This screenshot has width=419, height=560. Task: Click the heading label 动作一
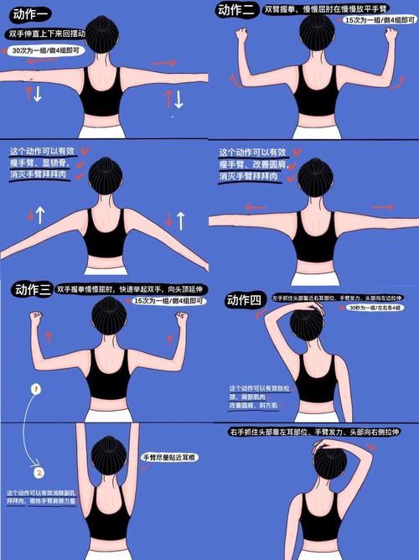[27, 14]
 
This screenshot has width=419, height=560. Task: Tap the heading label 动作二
[235, 11]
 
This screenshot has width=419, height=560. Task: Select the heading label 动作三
[32, 291]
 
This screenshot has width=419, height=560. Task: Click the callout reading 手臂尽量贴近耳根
[168, 458]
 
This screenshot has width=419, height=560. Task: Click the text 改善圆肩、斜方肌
[256, 405]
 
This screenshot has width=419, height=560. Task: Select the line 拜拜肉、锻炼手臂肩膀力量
[41, 500]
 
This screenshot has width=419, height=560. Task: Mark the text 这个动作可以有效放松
[260, 388]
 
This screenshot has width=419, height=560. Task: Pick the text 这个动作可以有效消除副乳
[41, 492]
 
